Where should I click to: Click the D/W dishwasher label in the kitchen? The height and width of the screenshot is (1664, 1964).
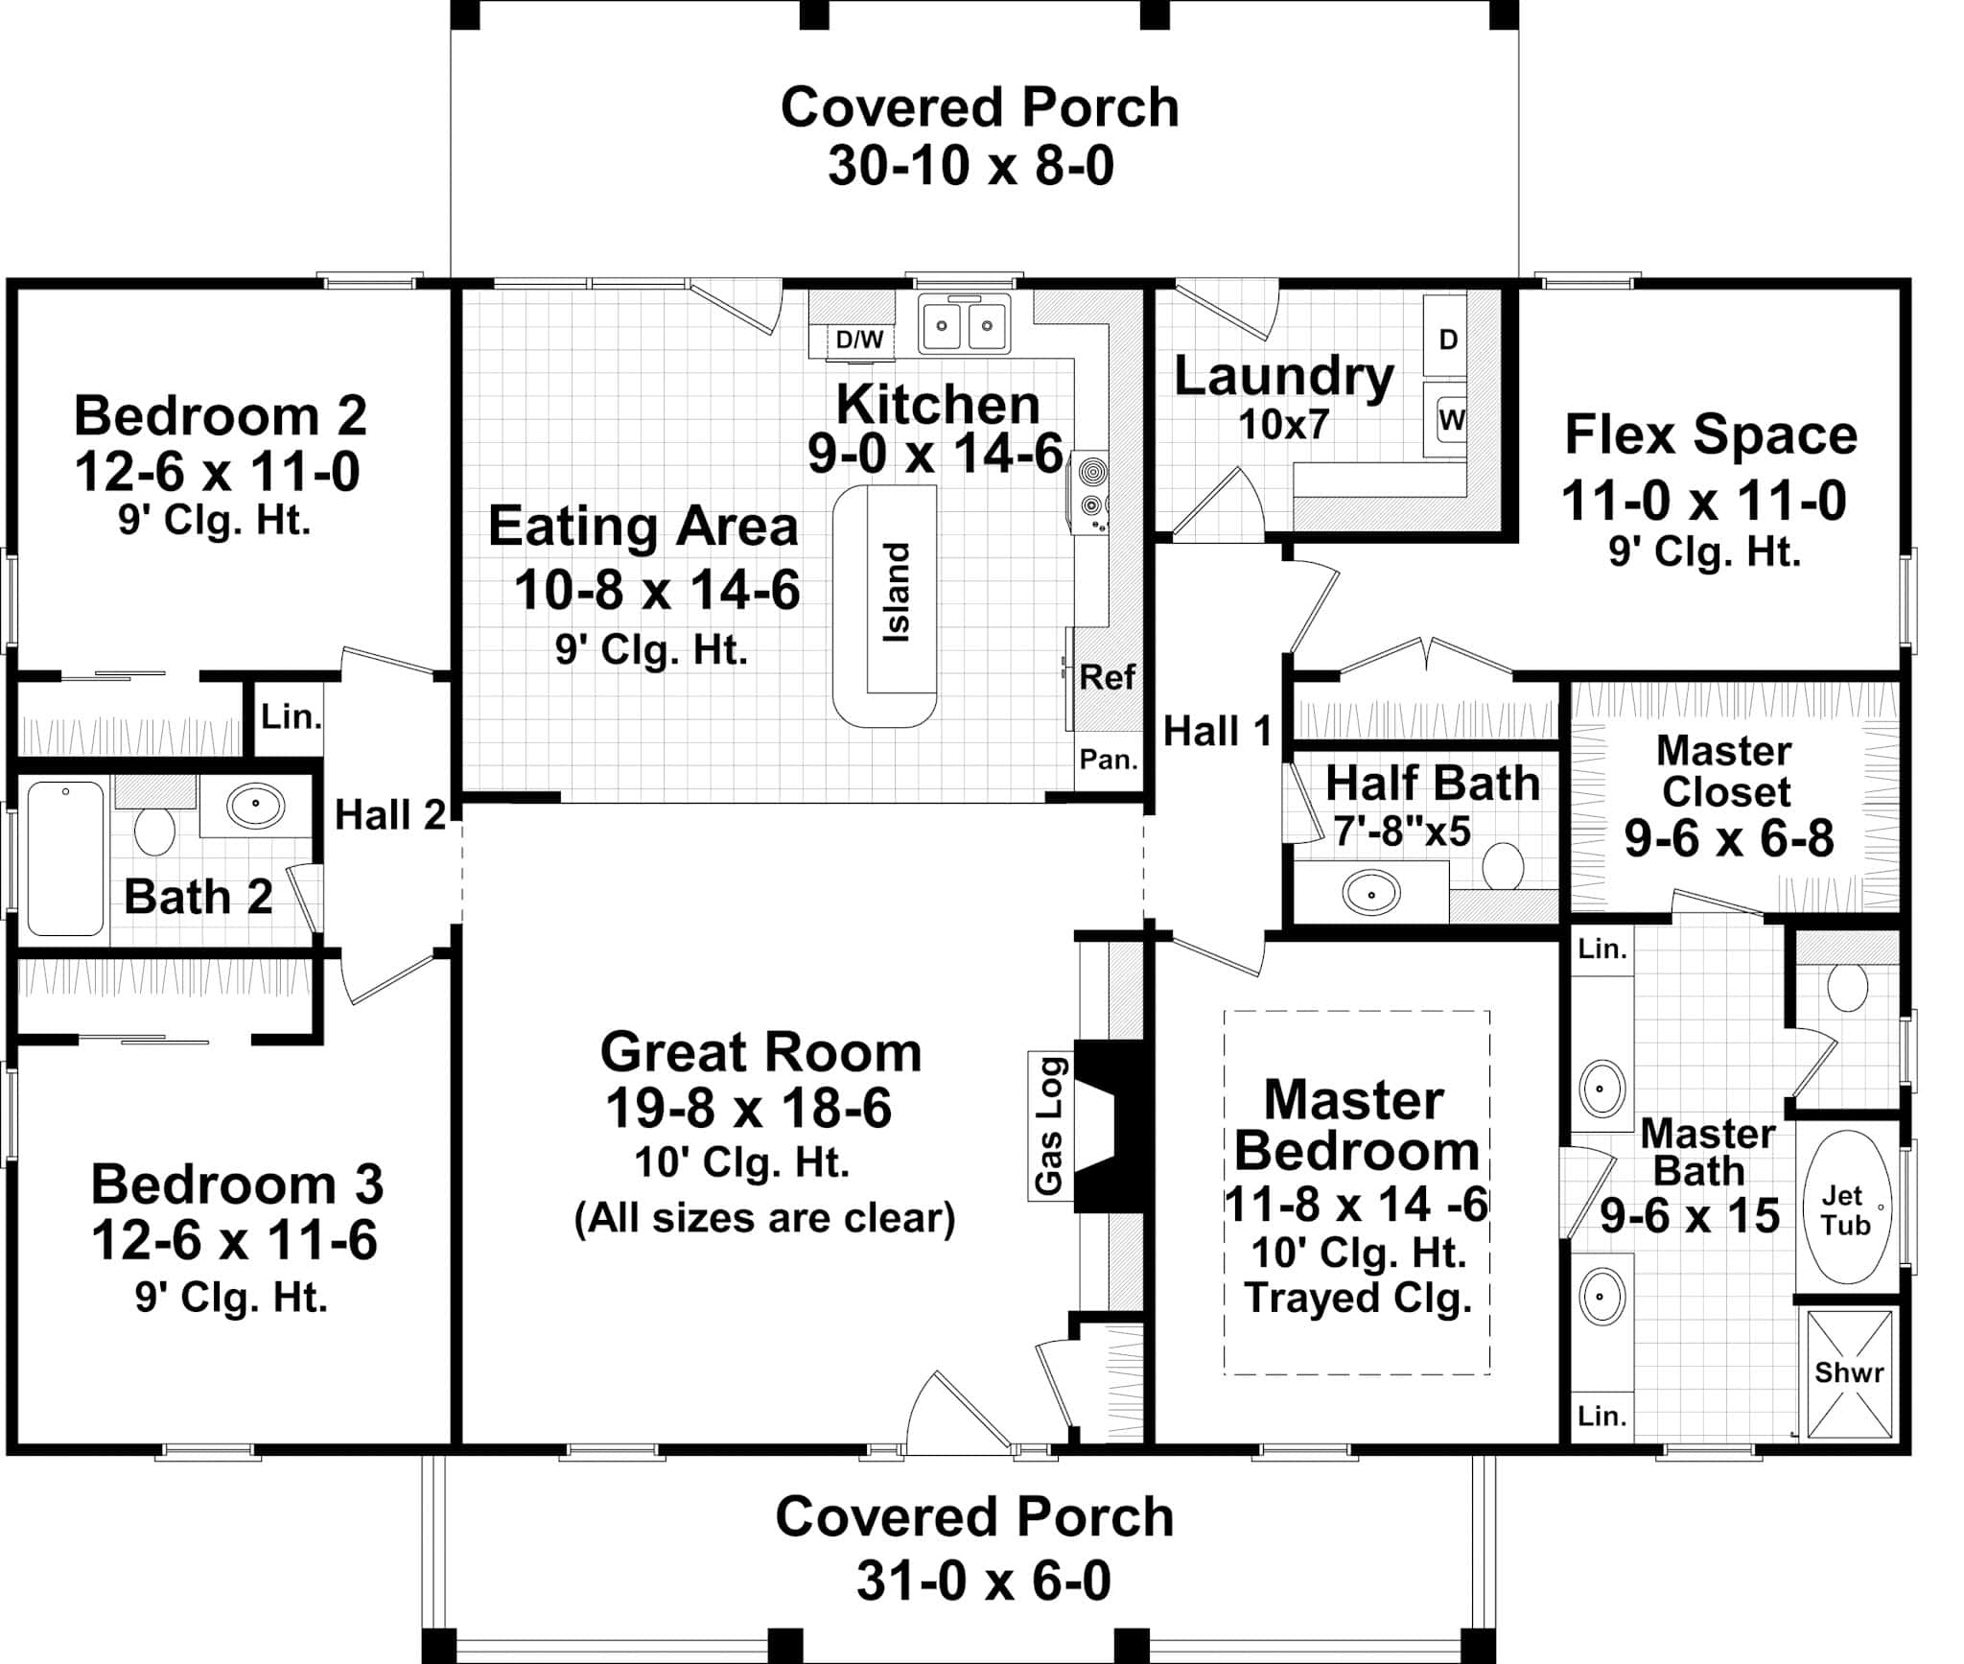[859, 340]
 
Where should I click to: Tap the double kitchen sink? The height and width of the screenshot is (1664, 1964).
[965, 325]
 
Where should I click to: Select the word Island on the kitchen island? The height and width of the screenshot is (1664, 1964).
[896, 593]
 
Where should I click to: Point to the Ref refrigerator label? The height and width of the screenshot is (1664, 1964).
[1107, 677]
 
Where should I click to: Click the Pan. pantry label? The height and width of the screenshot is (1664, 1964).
[1109, 760]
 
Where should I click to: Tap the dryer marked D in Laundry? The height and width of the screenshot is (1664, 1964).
[1448, 339]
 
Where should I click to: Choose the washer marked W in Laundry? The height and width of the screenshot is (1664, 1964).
[1451, 420]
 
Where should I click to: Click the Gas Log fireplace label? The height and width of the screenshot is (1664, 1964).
[1049, 1126]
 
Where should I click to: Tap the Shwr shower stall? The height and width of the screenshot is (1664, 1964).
[1849, 1372]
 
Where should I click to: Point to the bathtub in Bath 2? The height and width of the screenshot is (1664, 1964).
[65, 858]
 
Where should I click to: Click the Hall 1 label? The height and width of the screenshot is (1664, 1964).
[1217, 732]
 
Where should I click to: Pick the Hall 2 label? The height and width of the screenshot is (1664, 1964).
[390, 815]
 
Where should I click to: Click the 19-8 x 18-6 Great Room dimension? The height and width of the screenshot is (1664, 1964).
[749, 1109]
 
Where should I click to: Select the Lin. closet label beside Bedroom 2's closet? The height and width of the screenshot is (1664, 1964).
[291, 716]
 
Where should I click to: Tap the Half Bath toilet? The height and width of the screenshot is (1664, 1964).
[1503, 865]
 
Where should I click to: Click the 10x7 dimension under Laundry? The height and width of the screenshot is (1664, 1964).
[1283, 424]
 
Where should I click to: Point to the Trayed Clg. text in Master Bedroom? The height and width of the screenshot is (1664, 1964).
[1358, 1298]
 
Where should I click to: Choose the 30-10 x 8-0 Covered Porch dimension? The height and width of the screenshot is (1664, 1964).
[970, 166]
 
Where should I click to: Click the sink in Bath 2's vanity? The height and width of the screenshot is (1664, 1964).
[255, 806]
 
